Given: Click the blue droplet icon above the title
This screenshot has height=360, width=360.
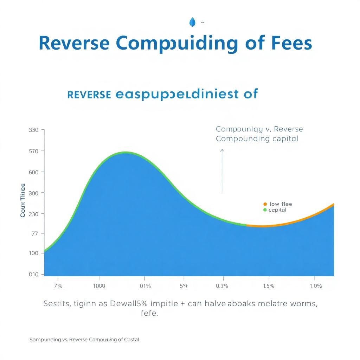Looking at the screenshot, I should (x=192, y=22).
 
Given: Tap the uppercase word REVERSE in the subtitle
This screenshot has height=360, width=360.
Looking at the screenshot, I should (x=89, y=95).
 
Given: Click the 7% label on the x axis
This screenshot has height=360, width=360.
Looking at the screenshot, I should (x=58, y=286).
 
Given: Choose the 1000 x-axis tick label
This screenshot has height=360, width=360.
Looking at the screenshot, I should (x=99, y=286).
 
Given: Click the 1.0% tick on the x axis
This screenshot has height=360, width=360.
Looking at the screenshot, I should (x=316, y=286).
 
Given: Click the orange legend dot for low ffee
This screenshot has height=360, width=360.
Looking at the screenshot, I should (x=265, y=204).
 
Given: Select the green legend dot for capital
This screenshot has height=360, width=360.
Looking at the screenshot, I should (x=265, y=210).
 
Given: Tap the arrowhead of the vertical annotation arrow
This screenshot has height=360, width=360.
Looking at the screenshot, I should (x=222, y=150).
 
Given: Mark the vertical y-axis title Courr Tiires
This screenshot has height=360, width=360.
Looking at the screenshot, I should (x=23, y=200).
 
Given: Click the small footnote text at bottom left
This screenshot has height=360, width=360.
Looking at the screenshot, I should (x=84, y=340).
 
